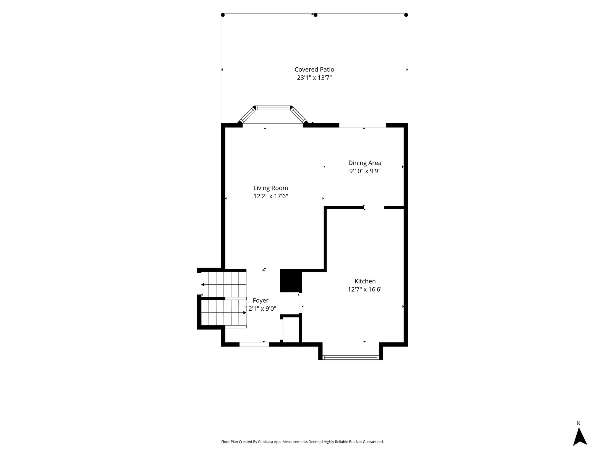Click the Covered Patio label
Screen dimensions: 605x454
[x=314, y=69]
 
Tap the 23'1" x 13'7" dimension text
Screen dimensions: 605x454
[x=314, y=78]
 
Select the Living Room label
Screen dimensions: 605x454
[x=271, y=188]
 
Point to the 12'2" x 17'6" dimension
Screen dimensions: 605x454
[x=271, y=196]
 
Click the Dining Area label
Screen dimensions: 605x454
[x=365, y=163]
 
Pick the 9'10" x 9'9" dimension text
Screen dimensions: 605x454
[x=365, y=171]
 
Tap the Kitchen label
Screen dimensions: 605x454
[x=365, y=281]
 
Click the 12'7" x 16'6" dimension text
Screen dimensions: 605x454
[x=365, y=289]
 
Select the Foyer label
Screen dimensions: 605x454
[x=261, y=301]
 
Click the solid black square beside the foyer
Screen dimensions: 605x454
[x=291, y=280]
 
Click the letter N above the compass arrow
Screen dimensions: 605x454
[x=578, y=424]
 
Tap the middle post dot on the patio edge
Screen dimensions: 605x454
[x=315, y=15]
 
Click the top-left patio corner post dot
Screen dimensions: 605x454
[x=223, y=15]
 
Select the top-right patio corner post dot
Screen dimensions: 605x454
[x=406, y=15]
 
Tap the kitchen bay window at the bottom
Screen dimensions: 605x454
[x=351, y=357]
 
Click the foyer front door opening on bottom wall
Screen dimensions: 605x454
[x=254, y=344]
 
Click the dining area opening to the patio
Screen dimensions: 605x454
[x=362, y=125]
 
